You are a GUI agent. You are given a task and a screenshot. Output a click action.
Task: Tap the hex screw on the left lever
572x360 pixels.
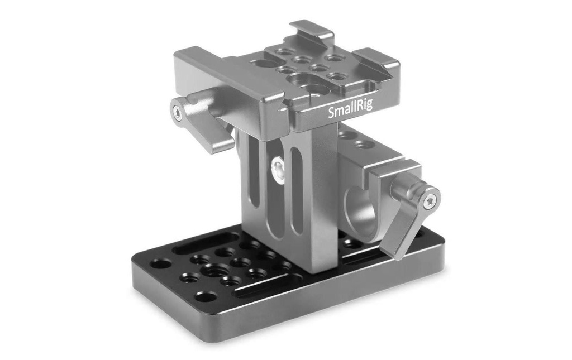point(177,110)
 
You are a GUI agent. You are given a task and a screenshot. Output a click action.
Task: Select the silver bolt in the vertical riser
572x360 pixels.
point(279,169)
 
